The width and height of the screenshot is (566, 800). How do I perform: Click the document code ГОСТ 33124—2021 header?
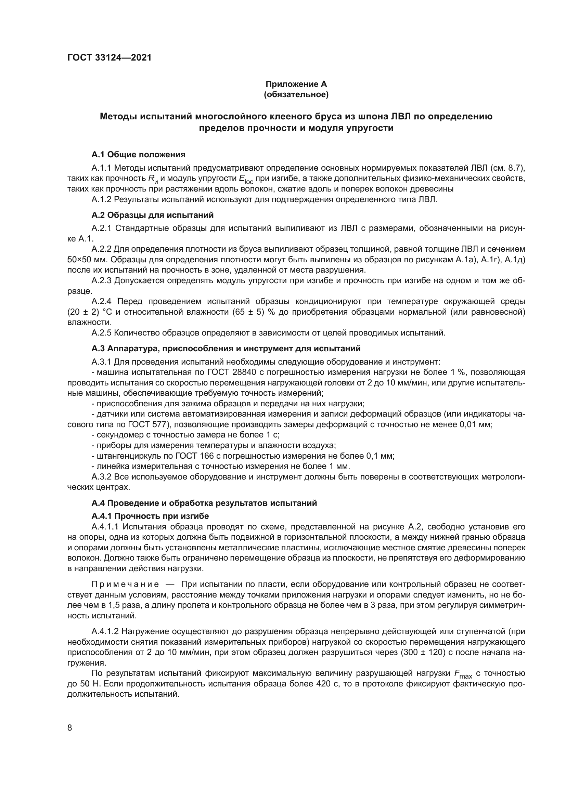click(x=110, y=57)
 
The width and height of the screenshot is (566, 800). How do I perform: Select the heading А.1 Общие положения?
click(x=138, y=154)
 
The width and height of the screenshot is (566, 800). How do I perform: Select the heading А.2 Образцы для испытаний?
click(x=152, y=215)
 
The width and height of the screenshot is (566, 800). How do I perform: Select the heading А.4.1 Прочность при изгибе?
click(x=150, y=516)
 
